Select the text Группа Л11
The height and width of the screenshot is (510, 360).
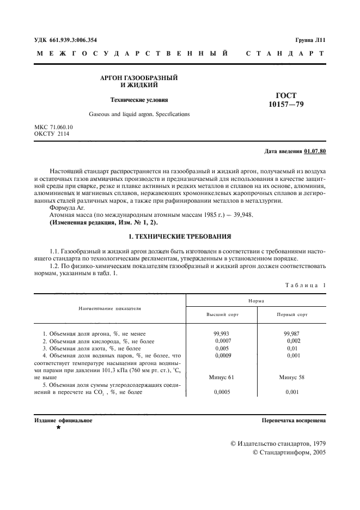pos(310,40)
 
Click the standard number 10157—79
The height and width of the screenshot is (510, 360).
pos(286,104)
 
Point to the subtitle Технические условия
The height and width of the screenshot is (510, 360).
pos(139,100)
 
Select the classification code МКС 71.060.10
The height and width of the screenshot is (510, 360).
pos(53,127)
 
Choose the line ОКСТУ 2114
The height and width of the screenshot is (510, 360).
pos(52,133)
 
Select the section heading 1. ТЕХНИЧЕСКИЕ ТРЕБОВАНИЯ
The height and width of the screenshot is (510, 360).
pos(180,236)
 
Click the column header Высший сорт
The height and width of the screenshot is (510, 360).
pos(222,315)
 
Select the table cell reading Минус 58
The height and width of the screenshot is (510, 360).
pos(292,377)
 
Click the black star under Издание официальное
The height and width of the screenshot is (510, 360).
pos(58,429)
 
